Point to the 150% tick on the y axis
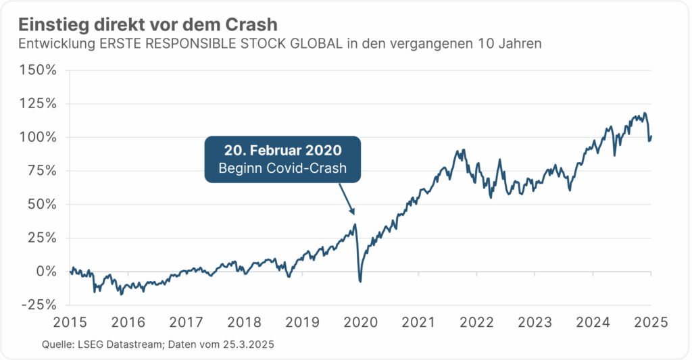(x=39, y=70)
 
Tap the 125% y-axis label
(x=39, y=104)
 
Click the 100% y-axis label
(x=39, y=137)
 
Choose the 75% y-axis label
(x=42, y=171)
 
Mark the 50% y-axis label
(x=42, y=204)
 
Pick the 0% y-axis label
(x=46, y=271)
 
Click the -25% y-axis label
(x=40, y=305)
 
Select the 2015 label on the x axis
(x=70, y=322)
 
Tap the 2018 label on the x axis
(x=245, y=322)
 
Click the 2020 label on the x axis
(x=361, y=322)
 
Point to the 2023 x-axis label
(x=535, y=322)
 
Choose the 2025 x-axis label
(x=651, y=322)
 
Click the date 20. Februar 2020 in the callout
(x=283, y=151)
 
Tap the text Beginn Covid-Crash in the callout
(x=283, y=169)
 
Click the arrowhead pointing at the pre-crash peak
(x=351, y=212)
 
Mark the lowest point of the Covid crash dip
(x=360, y=281)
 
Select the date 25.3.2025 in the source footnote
(x=249, y=345)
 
